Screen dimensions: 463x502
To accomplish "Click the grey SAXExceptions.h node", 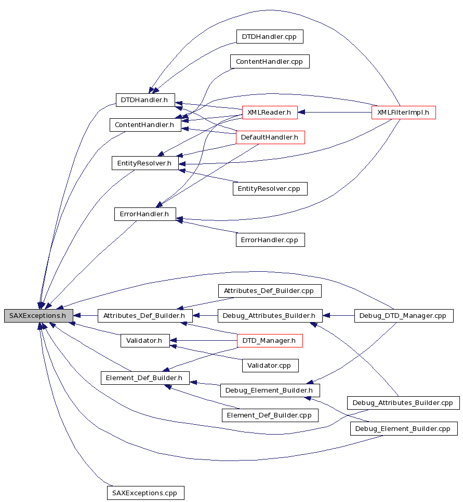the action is coord(38,316).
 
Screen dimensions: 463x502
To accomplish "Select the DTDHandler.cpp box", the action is coord(270,36).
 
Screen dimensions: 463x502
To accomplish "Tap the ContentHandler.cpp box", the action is coord(270,62).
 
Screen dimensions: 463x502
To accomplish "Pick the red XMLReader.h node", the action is coord(270,113).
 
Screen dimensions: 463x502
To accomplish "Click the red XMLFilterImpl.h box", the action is coord(403,113).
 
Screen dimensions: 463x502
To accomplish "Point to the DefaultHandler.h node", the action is coord(270,137).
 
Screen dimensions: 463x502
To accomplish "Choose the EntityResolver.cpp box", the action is coord(270,189).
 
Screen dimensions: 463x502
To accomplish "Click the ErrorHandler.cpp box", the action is coord(270,240).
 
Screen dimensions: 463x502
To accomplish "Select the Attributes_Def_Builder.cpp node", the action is coord(270,291).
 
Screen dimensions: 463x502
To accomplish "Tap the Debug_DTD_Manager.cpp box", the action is coord(404,316).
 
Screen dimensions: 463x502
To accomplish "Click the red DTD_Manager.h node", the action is coord(270,340).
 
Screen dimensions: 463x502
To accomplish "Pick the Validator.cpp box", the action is coord(270,365).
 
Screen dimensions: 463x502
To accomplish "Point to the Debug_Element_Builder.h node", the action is coord(270,391).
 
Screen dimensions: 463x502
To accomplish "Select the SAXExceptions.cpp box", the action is coord(145,493).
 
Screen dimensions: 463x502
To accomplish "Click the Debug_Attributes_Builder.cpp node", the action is coord(403,403).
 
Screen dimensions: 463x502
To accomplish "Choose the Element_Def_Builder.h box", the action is coord(145,378).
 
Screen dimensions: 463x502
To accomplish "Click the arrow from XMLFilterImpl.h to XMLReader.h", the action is coord(335,113).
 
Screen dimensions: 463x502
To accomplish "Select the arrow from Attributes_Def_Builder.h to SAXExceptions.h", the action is coord(85,316).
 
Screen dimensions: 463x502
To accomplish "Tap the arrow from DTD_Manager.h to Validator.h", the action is coord(203,340).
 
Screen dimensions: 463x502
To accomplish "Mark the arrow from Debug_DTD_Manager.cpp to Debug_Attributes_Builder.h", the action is coord(338,316).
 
